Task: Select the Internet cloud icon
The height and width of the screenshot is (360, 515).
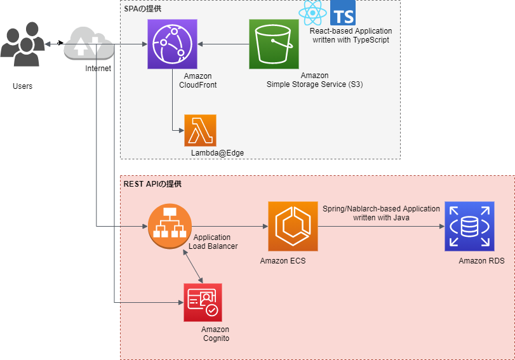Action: pos(88,44)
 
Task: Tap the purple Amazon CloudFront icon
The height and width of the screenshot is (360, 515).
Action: pos(172,44)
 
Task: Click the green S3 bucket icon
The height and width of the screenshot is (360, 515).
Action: pos(274,44)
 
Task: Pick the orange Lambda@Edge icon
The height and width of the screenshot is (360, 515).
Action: pos(200,130)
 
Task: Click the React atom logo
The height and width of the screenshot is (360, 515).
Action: pos(312,13)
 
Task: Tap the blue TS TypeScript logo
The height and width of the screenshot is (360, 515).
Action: pos(343,13)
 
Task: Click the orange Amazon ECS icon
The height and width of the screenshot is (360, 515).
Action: pos(293,226)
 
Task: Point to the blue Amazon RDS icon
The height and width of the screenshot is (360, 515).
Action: pos(469,226)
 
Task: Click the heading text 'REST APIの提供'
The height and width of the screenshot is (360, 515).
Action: pos(152,184)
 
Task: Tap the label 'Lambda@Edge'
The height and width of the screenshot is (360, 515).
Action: pos(217,153)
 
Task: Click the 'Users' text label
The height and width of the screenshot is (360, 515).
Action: pos(22,86)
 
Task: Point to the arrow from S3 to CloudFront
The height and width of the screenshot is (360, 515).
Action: pos(223,44)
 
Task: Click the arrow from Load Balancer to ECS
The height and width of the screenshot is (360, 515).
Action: pos(229,226)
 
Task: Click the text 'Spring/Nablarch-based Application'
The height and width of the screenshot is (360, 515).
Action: pos(381,208)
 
